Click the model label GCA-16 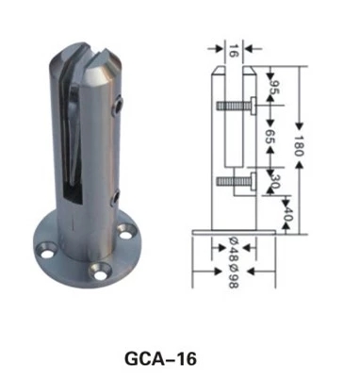161,358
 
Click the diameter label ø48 232,248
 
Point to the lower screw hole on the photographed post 116,196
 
